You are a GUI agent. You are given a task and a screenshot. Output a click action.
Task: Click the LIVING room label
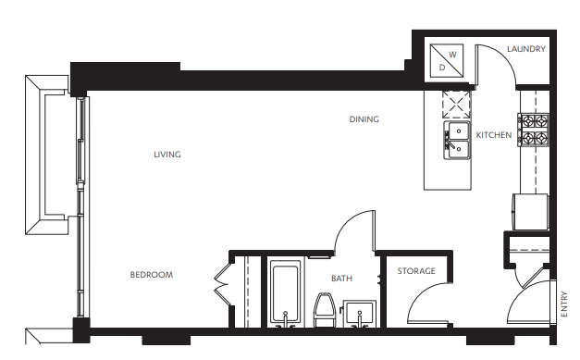click(167, 155)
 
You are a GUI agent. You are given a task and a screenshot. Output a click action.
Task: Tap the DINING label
click(364, 119)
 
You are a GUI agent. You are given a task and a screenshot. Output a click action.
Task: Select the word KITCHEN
click(494, 135)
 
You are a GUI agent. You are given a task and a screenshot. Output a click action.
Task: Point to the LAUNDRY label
click(526, 49)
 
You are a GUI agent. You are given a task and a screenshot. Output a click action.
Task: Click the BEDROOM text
click(151, 275)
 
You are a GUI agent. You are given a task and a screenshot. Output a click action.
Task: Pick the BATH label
click(342, 278)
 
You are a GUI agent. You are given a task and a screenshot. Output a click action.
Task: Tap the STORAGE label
click(416, 271)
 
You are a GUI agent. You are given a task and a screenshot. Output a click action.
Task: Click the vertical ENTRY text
click(564, 306)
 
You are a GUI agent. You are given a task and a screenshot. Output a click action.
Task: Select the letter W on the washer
click(453, 55)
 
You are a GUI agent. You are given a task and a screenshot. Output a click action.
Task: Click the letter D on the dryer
click(442, 67)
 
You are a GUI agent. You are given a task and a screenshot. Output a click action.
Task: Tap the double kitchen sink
click(456, 140)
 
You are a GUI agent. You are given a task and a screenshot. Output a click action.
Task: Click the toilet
click(324, 309)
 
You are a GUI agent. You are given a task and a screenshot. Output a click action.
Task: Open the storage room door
click(427, 305)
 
